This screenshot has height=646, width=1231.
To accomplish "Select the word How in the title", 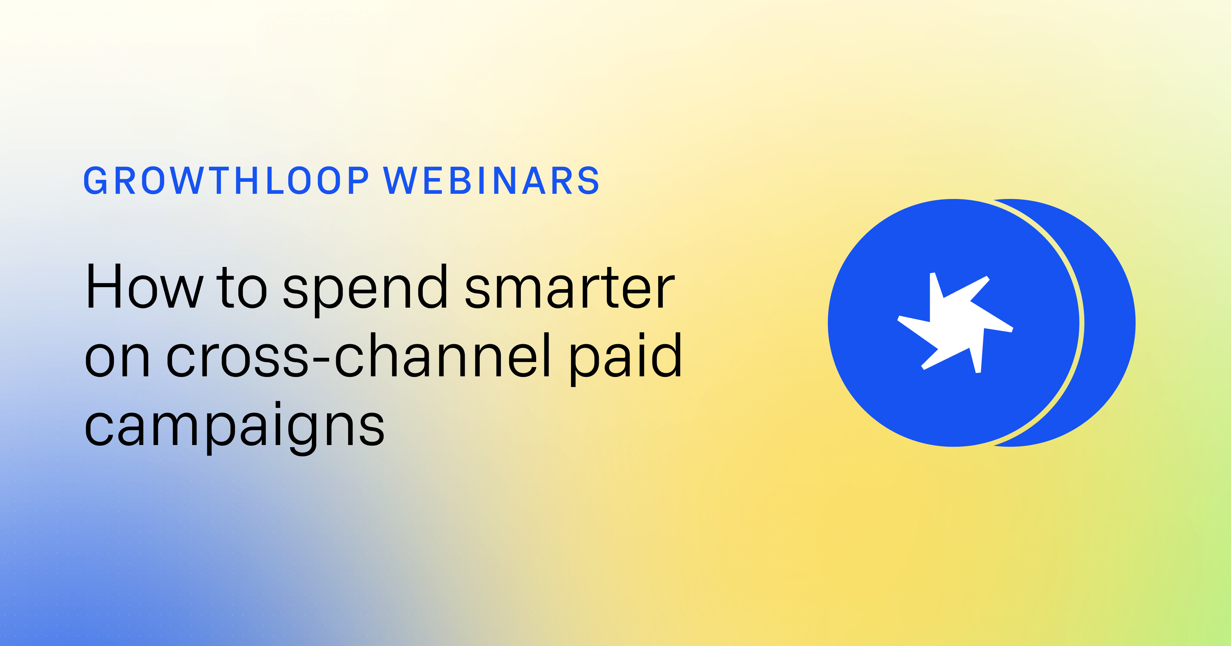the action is [144, 287].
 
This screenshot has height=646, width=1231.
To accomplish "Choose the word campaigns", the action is [234, 426].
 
